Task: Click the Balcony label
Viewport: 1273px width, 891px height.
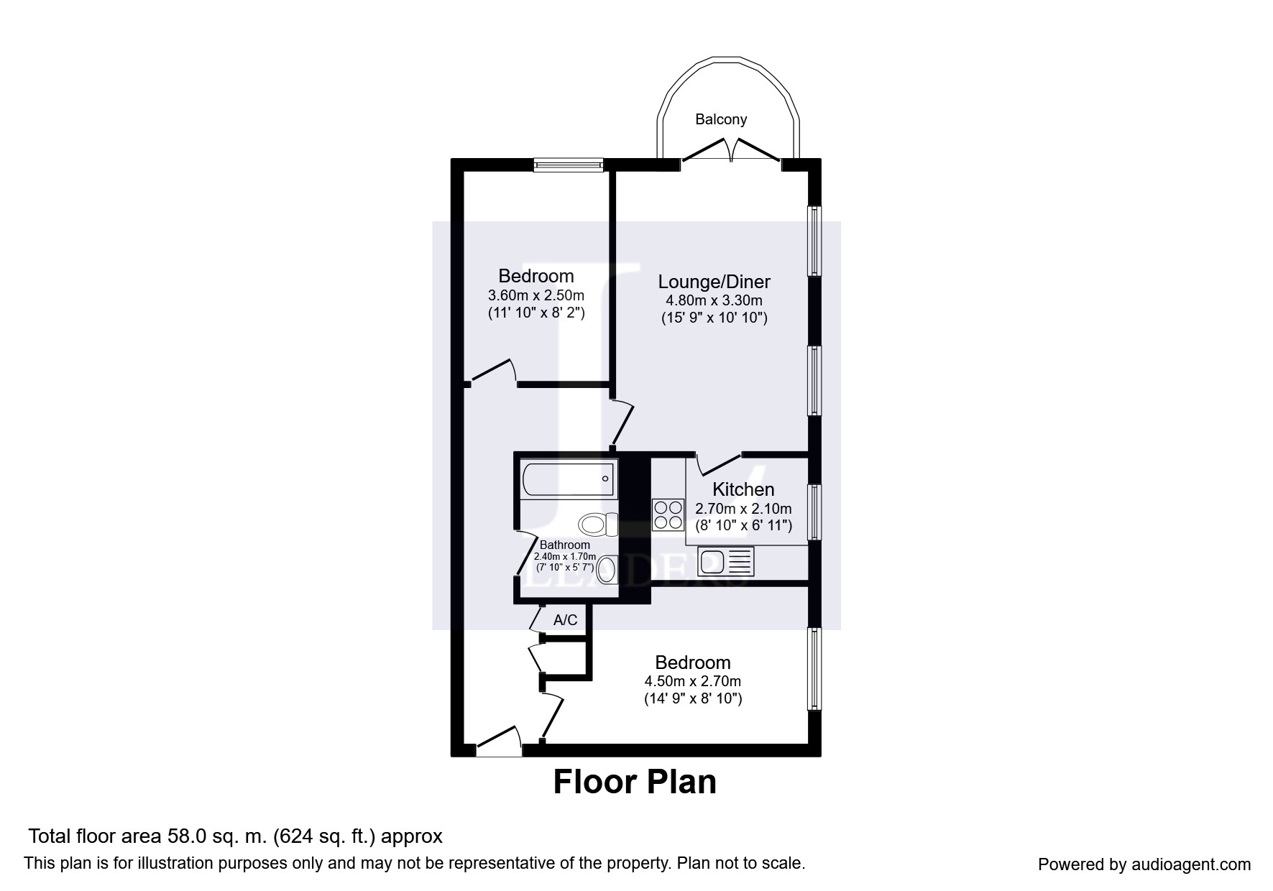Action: [x=721, y=120]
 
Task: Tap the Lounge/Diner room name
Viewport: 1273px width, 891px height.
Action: [x=714, y=282]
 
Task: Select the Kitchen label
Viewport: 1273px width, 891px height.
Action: [x=743, y=489]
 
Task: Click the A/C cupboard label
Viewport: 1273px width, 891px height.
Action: [x=565, y=620]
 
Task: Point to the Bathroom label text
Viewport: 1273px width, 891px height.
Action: [x=565, y=545]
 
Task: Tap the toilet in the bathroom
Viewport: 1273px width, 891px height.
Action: [x=598, y=523]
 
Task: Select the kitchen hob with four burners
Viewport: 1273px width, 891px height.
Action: [x=668, y=515]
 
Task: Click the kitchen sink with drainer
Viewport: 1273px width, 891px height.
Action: [x=725, y=562]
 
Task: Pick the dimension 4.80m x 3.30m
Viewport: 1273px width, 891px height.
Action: [x=714, y=300]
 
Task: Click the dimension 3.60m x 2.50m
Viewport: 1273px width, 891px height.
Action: [x=536, y=295]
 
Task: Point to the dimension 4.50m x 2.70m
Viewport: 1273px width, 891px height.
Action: [x=693, y=681]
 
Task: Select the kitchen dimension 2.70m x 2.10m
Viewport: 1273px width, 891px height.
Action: [x=743, y=509]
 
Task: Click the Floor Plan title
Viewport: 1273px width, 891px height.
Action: [x=635, y=782]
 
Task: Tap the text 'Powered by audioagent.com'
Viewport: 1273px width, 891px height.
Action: [x=1144, y=865]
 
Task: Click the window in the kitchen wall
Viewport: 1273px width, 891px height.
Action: [x=814, y=512]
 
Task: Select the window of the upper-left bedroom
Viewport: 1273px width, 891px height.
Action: [x=568, y=165]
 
